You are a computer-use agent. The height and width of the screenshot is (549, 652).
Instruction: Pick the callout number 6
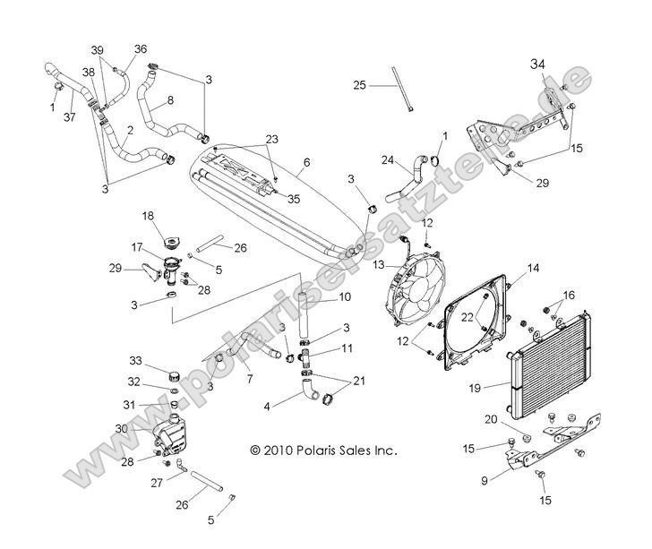(x=306, y=162)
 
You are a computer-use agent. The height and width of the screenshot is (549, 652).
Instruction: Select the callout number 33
(x=135, y=361)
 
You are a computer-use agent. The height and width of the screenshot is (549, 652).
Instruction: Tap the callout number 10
(x=320, y=296)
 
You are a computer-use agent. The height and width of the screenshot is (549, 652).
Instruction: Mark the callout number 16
(x=570, y=295)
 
